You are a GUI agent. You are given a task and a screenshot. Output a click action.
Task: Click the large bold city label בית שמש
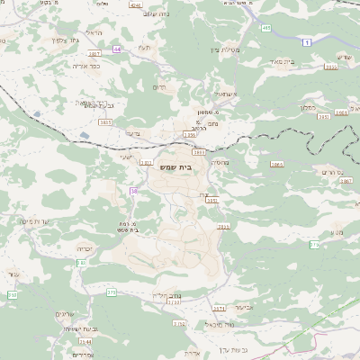pyautogui.click(x=181, y=167)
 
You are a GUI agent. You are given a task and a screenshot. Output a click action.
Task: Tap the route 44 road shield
pyautogui.click(x=117, y=49)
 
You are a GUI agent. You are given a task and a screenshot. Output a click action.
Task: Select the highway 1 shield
pyautogui.click(x=306, y=42)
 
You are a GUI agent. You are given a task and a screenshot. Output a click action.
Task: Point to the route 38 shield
pyautogui.click(x=133, y=191)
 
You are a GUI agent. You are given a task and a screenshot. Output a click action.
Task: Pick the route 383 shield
pyautogui.click(x=81, y=262)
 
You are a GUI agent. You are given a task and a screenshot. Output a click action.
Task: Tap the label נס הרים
pyautogui.click(x=332, y=171)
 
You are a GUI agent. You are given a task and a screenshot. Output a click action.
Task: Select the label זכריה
pyautogui.click(x=85, y=247)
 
